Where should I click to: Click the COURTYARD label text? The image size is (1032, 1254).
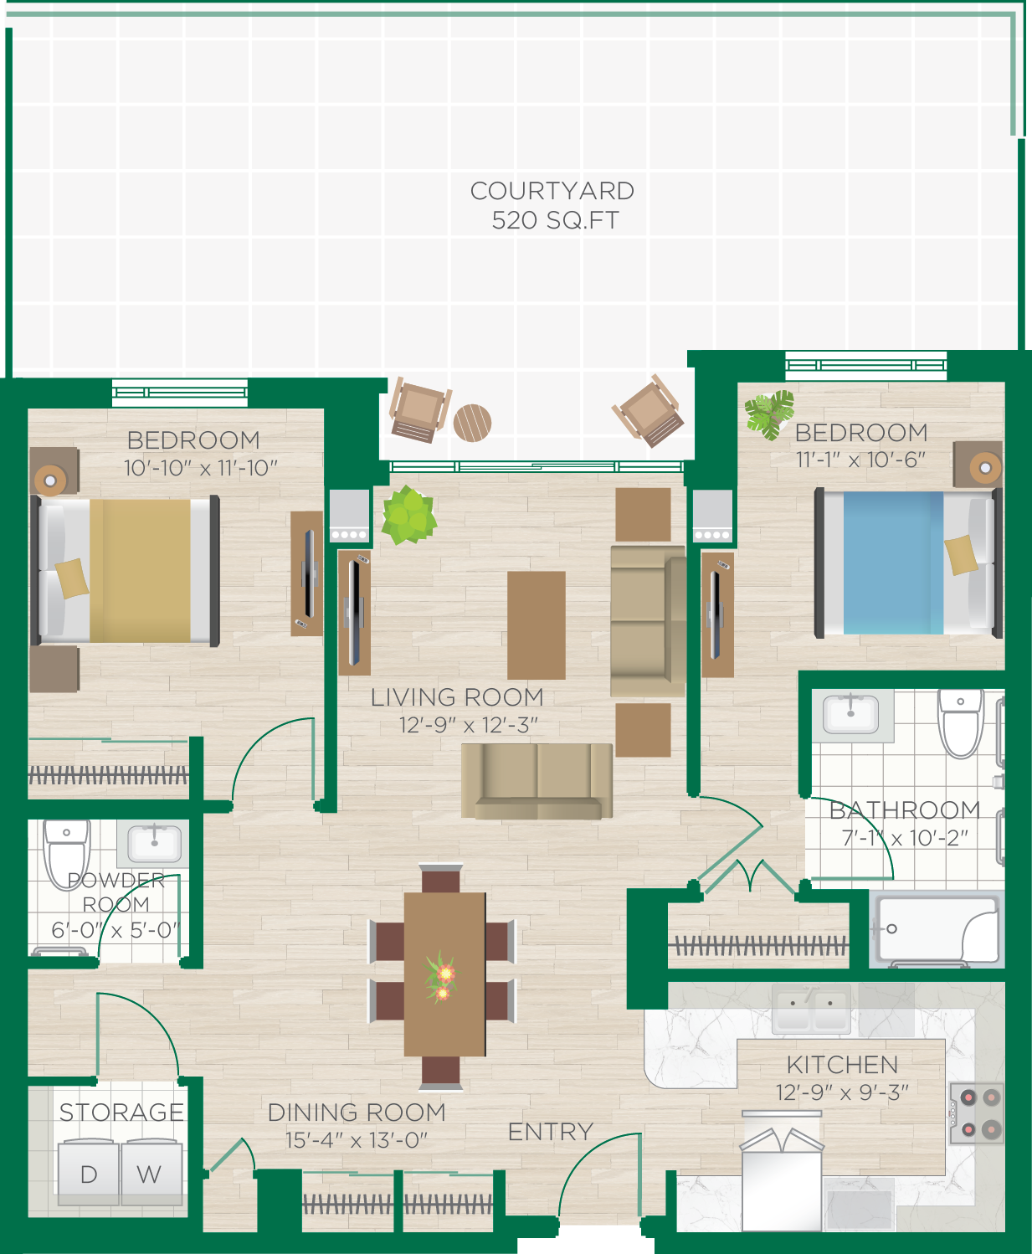[x=552, y=191]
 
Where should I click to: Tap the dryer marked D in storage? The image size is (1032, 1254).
[x=88, y=1173]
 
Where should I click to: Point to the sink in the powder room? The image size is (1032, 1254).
[x=154, y=843]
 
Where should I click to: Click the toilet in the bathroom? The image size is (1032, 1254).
[x=960, y=721]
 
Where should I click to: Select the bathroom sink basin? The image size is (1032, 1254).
[x=851, y=714]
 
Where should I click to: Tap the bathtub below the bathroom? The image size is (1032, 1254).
[x=937, y=930]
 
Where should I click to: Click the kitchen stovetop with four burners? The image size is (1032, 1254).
[x=978, y=1113]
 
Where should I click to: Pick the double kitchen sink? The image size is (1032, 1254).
[x=810, y=1009]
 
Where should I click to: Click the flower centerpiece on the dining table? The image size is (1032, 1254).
[x=441, y=978]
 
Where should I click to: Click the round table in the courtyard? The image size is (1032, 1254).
[x=472, y=423]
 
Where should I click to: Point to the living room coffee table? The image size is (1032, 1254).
[x=537, y=624]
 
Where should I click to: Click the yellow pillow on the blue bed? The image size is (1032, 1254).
[x=961, y=555]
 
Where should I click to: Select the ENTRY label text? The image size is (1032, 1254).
[x=550, y=1132]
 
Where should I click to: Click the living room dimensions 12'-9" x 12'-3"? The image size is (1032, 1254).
[x=468, y=725]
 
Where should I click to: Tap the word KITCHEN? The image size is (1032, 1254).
[x=842, y=1065]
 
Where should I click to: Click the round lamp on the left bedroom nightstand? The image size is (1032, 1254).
[x=50, y=481]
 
